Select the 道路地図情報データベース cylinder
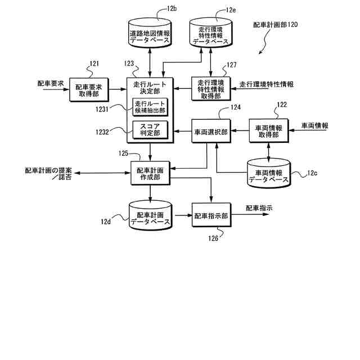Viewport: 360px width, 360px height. (x=150, y=32)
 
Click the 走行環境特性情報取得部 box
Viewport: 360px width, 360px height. (x=210, y=88)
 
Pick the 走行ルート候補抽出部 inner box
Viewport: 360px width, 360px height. (x=150, y=106)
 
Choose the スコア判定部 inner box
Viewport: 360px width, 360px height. (x=150, y=129)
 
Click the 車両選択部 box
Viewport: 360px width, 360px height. (x=211, y=132)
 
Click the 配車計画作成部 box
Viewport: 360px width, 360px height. (x=150, y=173)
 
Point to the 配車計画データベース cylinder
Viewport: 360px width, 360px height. (x=150, y=215)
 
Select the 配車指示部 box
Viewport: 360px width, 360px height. (x=211, y=215)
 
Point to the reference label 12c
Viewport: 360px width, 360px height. (x=313, y=173)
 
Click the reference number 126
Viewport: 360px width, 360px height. (x=213, y=238)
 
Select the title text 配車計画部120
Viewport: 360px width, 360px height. (x=276, y=25)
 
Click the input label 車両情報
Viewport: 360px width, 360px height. (x=315, y=125)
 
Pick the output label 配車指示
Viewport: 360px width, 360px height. (x=259, y=208)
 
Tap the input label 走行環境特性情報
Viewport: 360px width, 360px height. (x=267, y=84)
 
